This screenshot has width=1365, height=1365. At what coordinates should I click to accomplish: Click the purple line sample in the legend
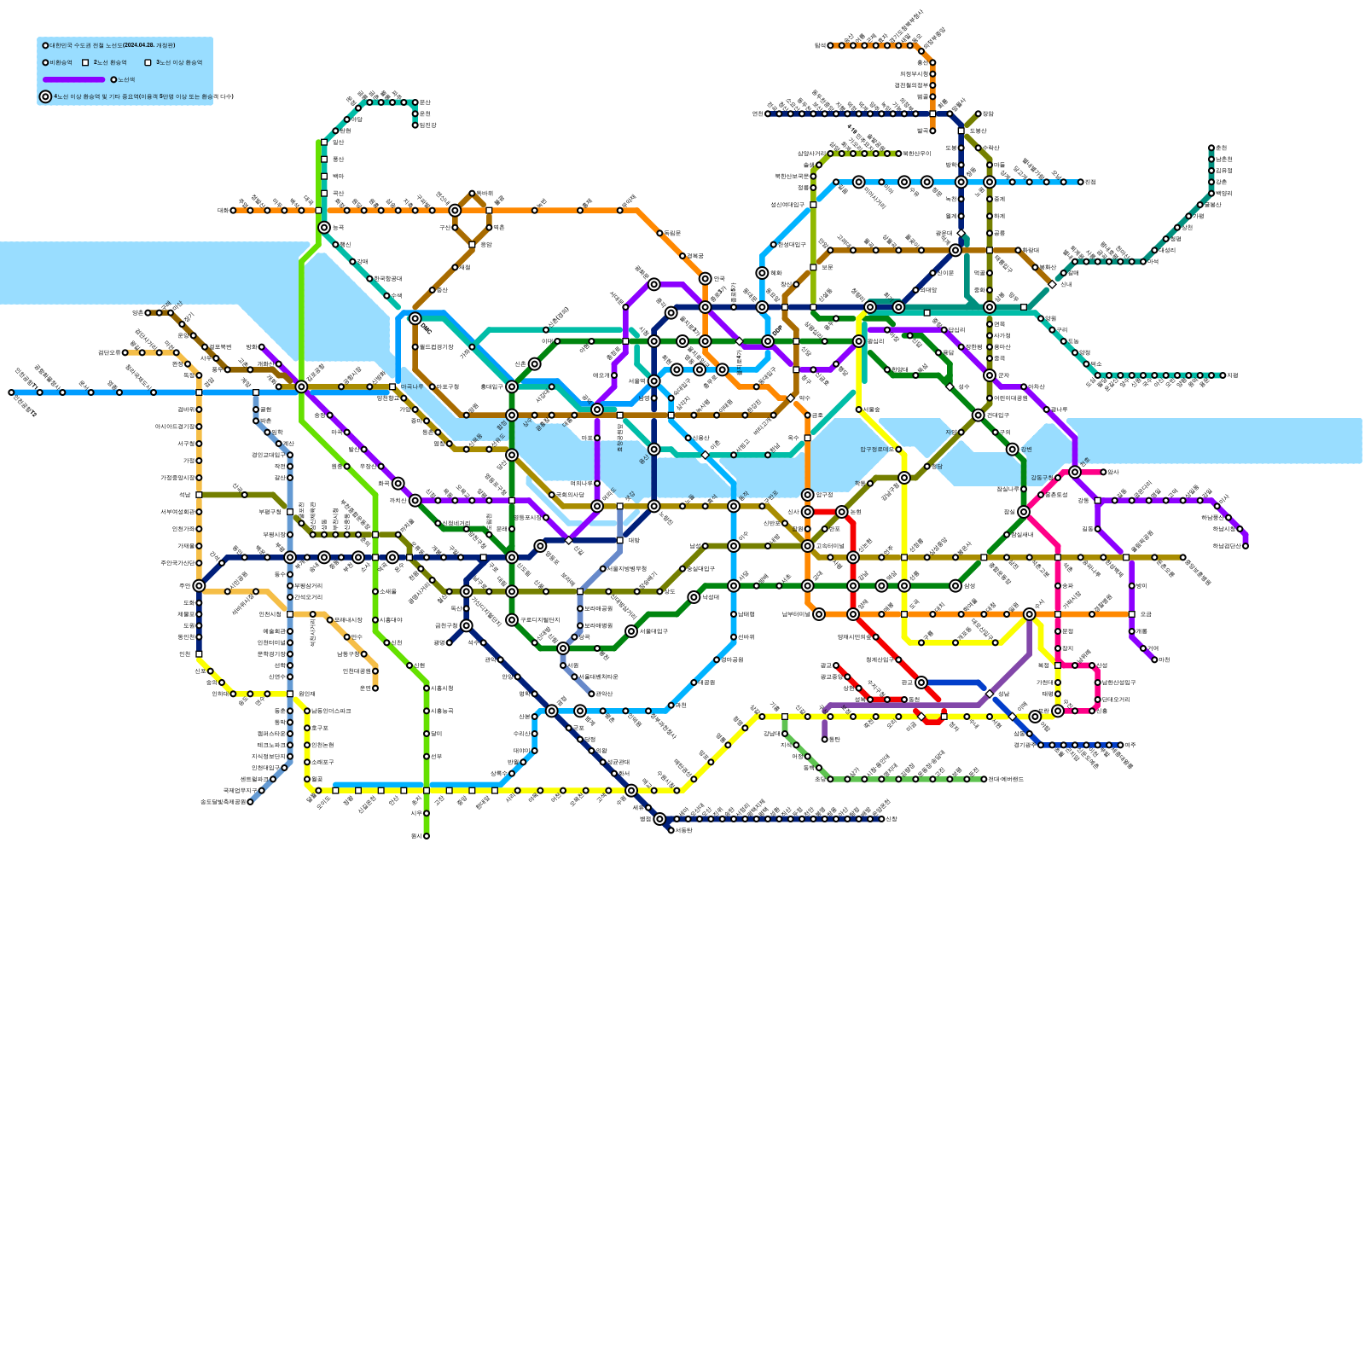[x=73, y=79]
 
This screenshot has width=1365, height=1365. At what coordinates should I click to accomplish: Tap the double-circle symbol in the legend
[x=45, y=96]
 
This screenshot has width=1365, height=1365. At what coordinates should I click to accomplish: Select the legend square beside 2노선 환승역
[x=85, y=62]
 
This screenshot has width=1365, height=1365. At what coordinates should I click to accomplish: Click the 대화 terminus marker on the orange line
[x=233, y=210]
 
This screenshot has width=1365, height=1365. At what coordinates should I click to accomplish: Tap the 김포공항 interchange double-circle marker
[x=301, y=386]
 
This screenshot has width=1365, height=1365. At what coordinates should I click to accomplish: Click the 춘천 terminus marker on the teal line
[x=1211, y=148]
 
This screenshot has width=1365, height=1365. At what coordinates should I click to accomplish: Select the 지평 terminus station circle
[x=1223, y=375]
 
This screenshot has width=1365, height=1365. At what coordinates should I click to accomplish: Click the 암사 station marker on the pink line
[x=1103, y=472]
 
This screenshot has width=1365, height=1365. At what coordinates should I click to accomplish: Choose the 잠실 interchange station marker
[x=1024, y=512]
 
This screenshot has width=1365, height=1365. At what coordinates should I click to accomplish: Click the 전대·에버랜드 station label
[x=1007, y=779]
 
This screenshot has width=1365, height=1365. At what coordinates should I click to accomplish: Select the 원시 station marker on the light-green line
[x=427, y=836]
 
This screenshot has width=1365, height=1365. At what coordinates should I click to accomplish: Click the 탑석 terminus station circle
[x=932, y=131]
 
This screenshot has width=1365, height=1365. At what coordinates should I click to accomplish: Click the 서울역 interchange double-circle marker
[x=653, y=380]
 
